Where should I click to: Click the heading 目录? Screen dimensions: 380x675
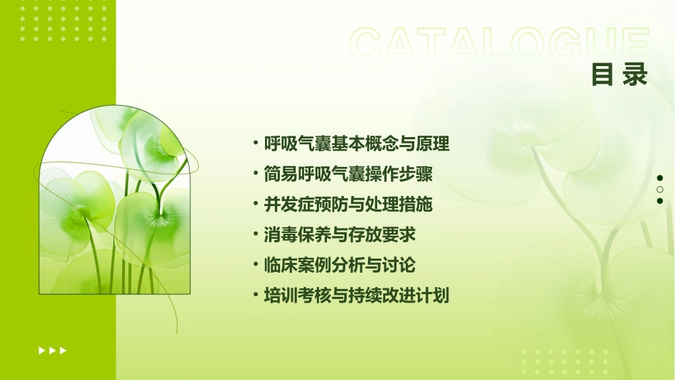click(620, 75)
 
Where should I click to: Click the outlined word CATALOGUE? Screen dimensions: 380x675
click(499, 45)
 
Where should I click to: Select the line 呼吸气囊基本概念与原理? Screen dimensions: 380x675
click(357, 144)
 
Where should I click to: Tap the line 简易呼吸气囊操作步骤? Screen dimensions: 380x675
click(348, 174)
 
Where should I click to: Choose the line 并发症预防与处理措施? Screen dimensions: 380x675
click(348, 205)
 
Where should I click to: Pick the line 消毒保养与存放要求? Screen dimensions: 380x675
click(340, 234)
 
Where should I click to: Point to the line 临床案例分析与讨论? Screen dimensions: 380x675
click(340, 265)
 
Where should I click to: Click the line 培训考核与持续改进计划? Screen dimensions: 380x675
click(357, 295)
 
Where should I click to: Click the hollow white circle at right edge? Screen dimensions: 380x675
click(660, 190)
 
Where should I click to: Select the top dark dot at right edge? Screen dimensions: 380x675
click(660, 178)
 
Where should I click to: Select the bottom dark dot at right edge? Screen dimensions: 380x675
click(660, 201)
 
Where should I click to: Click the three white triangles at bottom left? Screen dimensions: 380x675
click(53, 350)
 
